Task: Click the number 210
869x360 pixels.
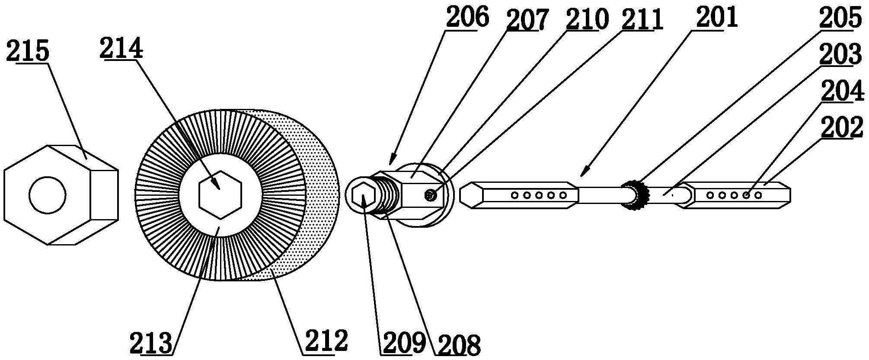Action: click(x=587, y=20)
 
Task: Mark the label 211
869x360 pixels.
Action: click(x=642, y=19)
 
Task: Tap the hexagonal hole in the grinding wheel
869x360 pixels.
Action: click(x=220, y=194)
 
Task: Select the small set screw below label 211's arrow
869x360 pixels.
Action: click(x=431, y=196)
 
